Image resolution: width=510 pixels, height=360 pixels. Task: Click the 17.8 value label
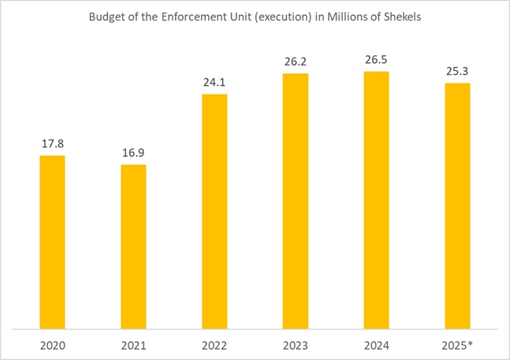[x=52, y=144]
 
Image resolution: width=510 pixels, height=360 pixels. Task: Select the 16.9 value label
[x=133, y=153]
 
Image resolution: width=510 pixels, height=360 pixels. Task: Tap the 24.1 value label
[x=214, y=83]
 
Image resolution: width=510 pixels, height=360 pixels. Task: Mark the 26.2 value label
[x=296, y=61]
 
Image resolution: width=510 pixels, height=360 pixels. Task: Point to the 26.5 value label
[x=377, y=60]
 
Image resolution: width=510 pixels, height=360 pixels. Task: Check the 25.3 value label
[x=458, y=71]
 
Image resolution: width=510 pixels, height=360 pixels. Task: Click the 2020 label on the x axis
[x=52, y=344]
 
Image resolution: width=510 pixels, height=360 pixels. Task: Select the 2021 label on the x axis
[x=133, y=344]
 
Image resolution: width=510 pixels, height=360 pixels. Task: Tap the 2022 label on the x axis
[x=214, y=344]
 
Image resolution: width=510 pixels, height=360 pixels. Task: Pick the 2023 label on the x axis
[x=296, y=344]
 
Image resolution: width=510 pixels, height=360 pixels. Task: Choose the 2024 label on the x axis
[x=377, y=344]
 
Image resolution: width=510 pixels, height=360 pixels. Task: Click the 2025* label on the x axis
[x=459, y=344]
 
